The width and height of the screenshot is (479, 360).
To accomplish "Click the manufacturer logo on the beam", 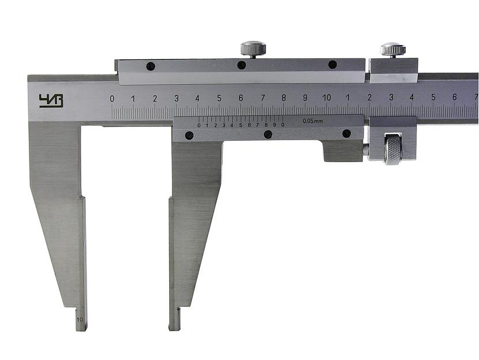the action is click(51, 101).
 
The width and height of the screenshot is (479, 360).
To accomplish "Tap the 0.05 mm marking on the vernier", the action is click(313, 121).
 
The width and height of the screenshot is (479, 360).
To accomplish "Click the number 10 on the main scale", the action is click(327, 97).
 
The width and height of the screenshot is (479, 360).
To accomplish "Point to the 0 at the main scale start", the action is click(112, 99).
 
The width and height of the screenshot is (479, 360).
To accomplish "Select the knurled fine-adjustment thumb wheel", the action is click(393, 149).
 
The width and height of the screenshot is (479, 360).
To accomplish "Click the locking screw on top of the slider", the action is click(253, 49).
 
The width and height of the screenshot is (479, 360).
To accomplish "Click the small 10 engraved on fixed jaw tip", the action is click(80, 320).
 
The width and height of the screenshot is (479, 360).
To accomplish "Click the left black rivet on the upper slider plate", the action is click(151, 66).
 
